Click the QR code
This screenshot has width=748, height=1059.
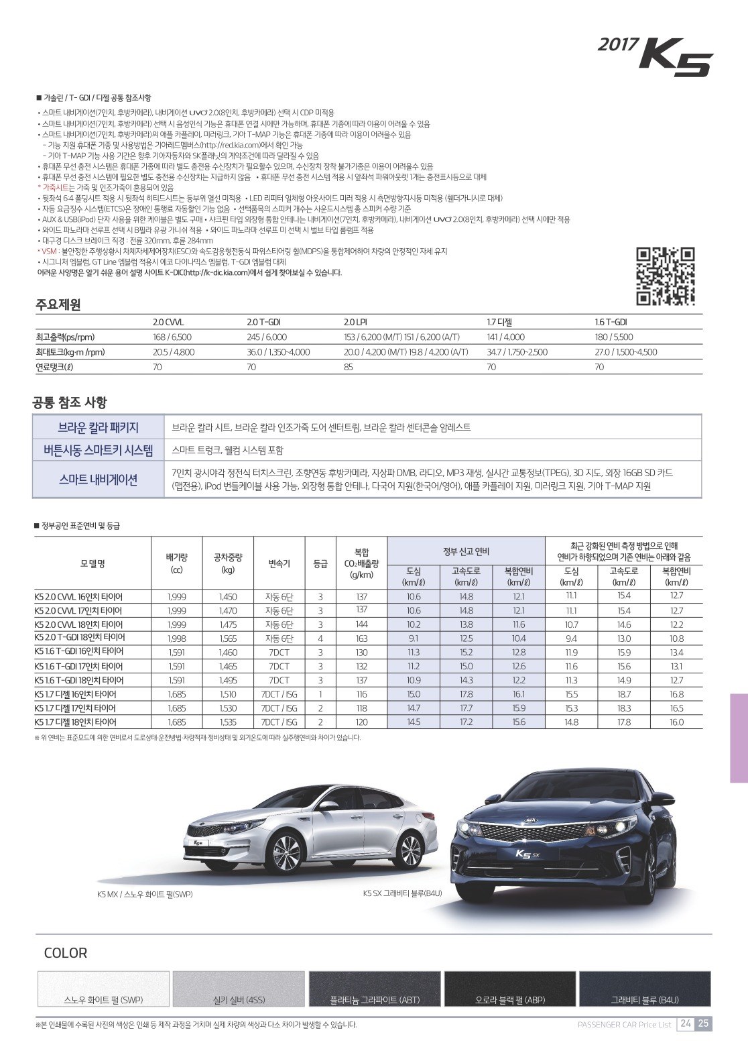664,276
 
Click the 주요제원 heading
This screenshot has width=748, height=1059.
58,305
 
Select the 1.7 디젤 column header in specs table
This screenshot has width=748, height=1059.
499,323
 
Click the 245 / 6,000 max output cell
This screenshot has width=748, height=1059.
267,337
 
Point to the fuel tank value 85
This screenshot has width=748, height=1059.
349,367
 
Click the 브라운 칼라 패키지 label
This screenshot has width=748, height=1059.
98,427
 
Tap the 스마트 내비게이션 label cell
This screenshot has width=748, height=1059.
98,480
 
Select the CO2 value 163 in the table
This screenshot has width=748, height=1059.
361,638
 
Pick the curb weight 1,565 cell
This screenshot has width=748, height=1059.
228,638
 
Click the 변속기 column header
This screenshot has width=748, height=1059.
279,563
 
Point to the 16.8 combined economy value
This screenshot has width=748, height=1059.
676,694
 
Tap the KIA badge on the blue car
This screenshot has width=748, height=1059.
532,820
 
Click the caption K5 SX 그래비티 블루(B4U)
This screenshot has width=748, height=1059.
402,893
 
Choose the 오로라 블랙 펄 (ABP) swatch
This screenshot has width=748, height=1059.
509,989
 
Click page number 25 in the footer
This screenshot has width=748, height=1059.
703,1024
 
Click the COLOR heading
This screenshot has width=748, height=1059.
66,953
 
